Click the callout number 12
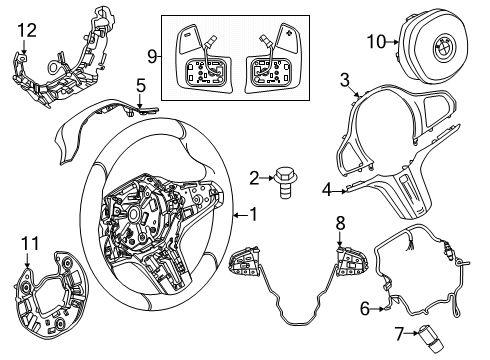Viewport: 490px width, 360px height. (x=27, y=30)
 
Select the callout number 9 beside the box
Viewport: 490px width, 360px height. (x=152, y=56)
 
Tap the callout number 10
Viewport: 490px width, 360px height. (x=376, y=42)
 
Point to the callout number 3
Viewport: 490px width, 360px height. (x=344, y=80)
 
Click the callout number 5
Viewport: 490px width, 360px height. (x=141, y=86)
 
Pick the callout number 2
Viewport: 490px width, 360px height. (x=254, y=178)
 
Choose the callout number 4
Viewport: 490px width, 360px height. (x=327, y=191)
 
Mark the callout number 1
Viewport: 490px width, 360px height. (x=254, y=214)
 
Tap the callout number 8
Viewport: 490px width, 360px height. (x=340, y=224)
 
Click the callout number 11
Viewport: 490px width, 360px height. (x=30, y=243)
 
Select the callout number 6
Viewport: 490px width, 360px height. (x=365, y=309)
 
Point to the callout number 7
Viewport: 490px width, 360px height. (x=400, y=334)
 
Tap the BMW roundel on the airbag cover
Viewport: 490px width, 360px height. (x=444, y=48)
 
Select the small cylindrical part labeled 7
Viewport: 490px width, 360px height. (x=428, y=339)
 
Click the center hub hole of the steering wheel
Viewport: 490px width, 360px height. (x=135, y=213)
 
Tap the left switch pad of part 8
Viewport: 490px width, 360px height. (x=244, y=261)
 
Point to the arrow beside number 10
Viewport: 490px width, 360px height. (x=392, y=42)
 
